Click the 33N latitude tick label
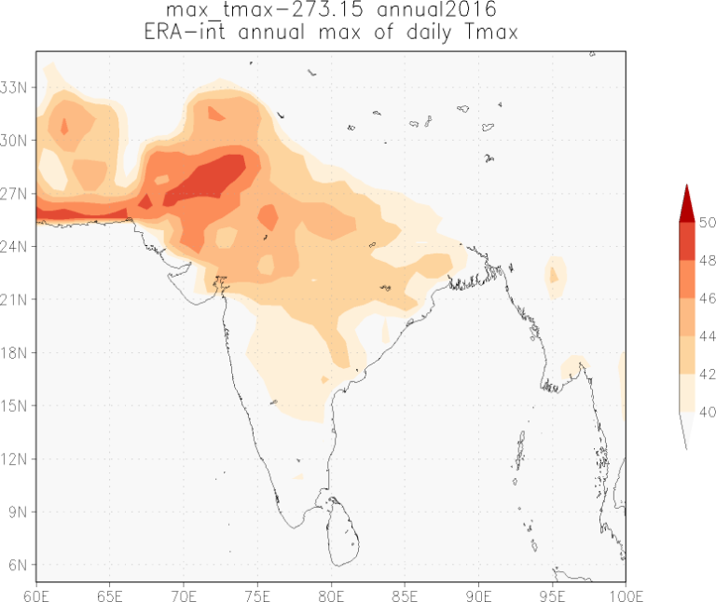18,88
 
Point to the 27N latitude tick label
18,194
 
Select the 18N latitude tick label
18,353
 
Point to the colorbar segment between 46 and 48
685,280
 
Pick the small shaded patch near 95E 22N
555,275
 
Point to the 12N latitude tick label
18,459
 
